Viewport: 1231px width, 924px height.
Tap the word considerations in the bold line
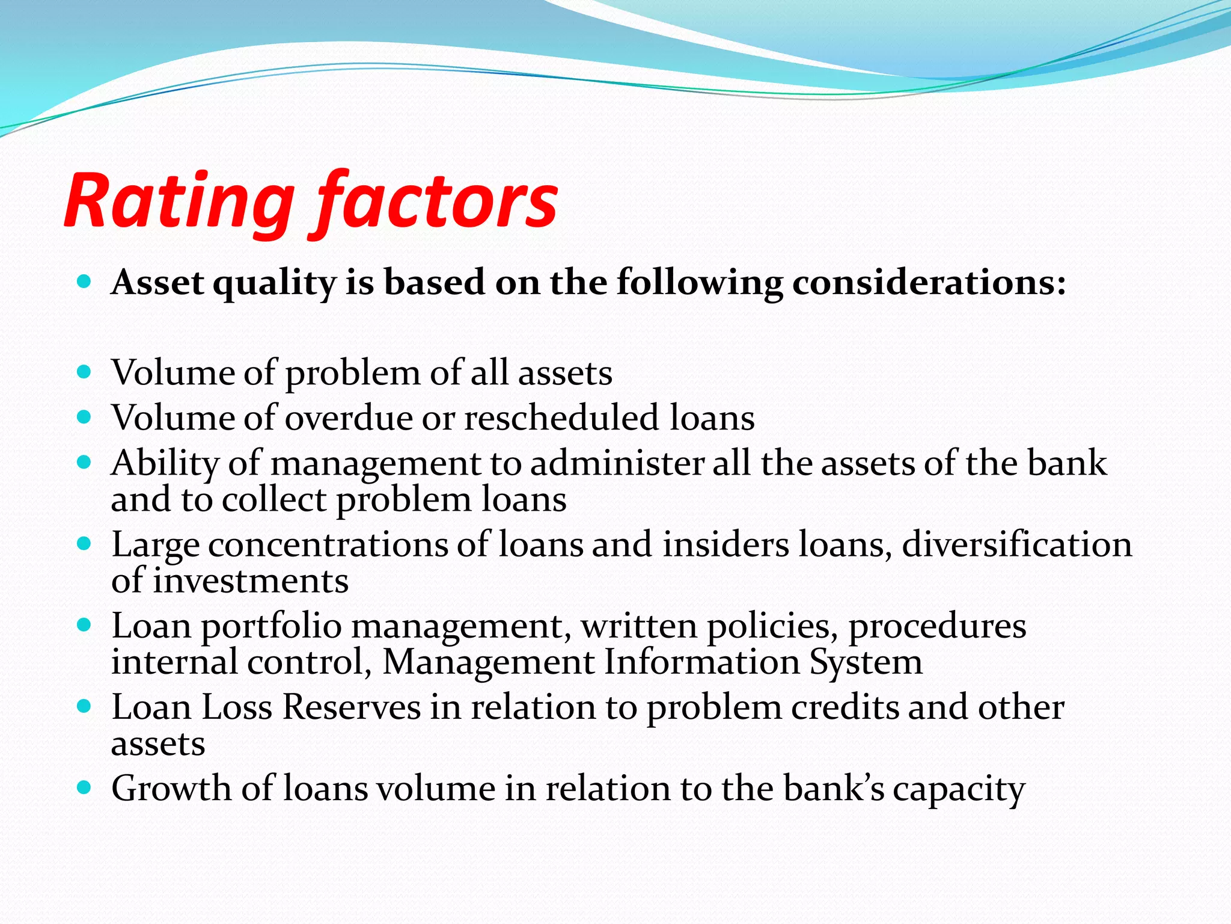pyautogui.click(x=929, y=282)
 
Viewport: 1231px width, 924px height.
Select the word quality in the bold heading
pyautogui.click(x=274, y=283)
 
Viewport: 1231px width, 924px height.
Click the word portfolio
pyautogui.click(x=271, y=627)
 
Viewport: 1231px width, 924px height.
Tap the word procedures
pyautogui.click(x=936, y=626)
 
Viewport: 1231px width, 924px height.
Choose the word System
pyautogui.click(x=865, y=662)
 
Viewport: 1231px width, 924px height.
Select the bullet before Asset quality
pyautogui.click(x=84, y=281)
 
